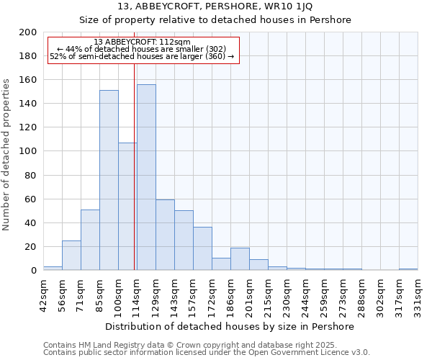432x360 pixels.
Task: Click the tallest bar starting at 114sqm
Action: click(146, 177)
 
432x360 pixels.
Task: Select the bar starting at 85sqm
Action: click(109, 180)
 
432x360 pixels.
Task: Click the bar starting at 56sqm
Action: click(71, 255)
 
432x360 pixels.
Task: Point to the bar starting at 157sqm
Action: click(202, 248)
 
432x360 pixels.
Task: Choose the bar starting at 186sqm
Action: click(240, 258)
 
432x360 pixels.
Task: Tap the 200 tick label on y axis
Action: click(28, 32)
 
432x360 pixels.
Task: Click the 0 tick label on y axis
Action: click(34, 271)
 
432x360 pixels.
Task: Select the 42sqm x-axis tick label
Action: click(43, 292)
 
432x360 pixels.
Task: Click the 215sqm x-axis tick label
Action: click(268, 292)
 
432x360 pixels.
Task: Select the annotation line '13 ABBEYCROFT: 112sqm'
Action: click(142, 42)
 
